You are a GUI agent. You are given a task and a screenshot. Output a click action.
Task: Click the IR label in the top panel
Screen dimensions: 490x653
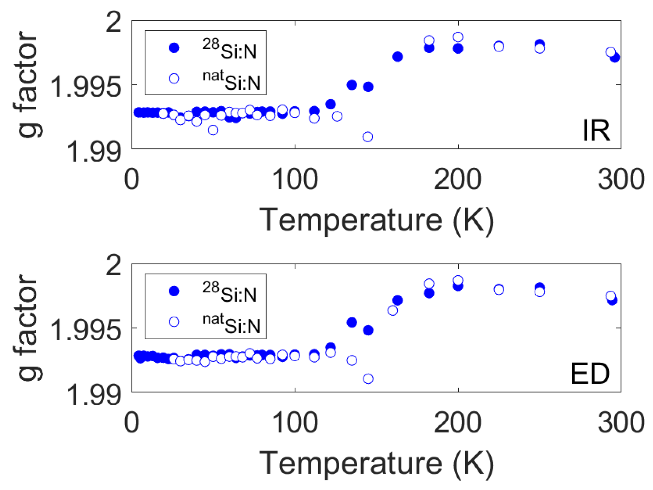pos(596,130)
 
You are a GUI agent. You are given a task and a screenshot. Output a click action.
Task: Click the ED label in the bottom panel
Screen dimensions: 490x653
pos(590,374)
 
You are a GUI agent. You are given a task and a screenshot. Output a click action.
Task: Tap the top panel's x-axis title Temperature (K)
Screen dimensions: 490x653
pos(376,220)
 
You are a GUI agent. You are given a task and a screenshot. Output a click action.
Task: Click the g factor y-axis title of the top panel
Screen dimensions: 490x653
pos(28,85)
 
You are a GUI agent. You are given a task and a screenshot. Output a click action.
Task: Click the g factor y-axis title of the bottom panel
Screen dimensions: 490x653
pos(28,328)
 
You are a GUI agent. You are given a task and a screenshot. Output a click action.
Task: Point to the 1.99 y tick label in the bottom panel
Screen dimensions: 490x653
pos(94,395)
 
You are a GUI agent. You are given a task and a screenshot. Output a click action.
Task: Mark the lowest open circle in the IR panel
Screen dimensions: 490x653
pos(368,137)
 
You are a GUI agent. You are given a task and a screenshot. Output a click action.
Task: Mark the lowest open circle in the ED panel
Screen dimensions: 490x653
pos(368,378)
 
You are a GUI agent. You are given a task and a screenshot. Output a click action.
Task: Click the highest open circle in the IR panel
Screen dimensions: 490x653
pos(458,37)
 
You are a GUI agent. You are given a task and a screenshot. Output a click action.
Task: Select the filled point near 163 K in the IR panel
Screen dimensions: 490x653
pos(397,57)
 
